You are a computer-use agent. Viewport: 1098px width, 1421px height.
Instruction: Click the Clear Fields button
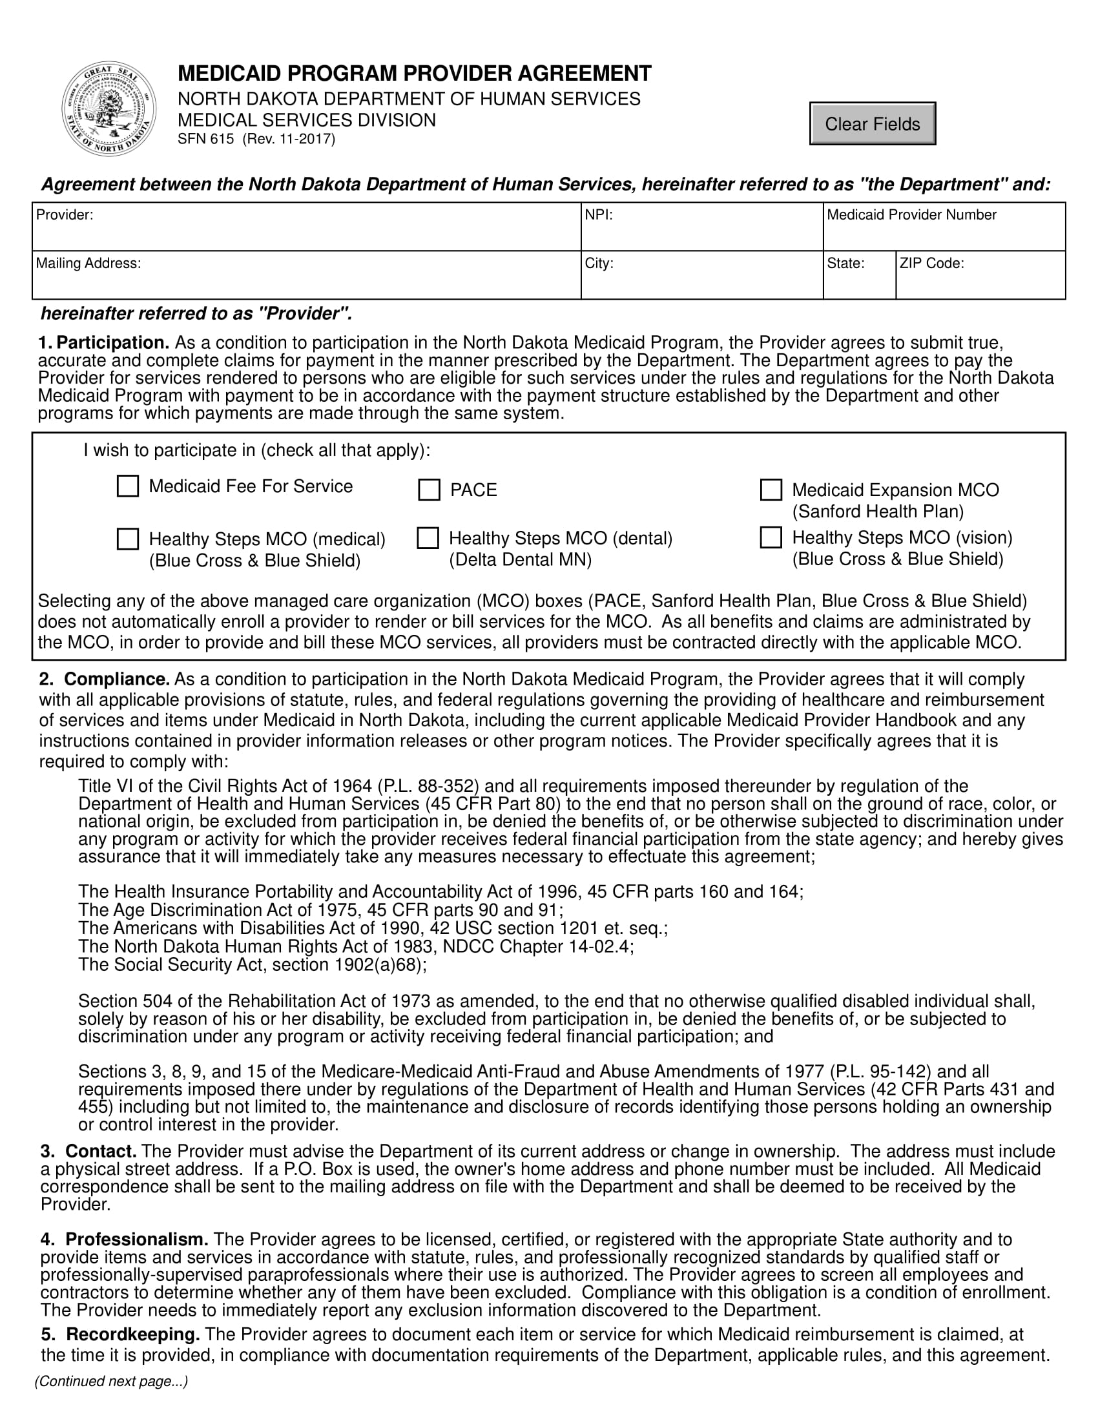tap(872, 123)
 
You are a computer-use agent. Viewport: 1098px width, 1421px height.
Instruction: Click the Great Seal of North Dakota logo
tap(109, 109)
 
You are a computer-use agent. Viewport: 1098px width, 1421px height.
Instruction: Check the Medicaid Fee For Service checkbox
tap(127, 486)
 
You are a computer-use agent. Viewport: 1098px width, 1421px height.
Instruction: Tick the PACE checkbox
tap(429, 490)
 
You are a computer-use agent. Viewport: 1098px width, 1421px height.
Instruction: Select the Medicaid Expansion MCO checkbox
tap(771, 490)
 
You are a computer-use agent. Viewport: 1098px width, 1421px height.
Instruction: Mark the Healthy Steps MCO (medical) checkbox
tap(127, 539)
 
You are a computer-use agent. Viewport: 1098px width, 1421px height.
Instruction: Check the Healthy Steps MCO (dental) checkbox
tap(428, 538)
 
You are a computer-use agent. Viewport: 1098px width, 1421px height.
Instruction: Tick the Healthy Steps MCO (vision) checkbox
tap(771, 537)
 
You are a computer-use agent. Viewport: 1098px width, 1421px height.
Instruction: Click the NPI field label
tap(599, 214)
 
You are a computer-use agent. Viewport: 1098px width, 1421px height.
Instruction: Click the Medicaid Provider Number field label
tap(911, 214)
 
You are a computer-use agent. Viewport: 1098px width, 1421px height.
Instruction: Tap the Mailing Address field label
tap(88, 264)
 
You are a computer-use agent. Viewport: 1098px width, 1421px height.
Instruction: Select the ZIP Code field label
tap(931, 264)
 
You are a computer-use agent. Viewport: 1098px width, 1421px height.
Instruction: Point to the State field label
tap(845, 264)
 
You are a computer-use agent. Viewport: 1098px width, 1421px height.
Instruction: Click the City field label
tap(599, 264)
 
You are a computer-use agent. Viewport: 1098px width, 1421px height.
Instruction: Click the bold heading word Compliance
tap(116, 679)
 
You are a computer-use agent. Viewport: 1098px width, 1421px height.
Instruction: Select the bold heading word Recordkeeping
tap(132, 1334)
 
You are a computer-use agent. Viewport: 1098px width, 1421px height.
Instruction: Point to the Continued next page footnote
tap(111, 1382)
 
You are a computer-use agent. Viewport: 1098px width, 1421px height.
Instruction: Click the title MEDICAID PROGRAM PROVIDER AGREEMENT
tap(415, 74)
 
